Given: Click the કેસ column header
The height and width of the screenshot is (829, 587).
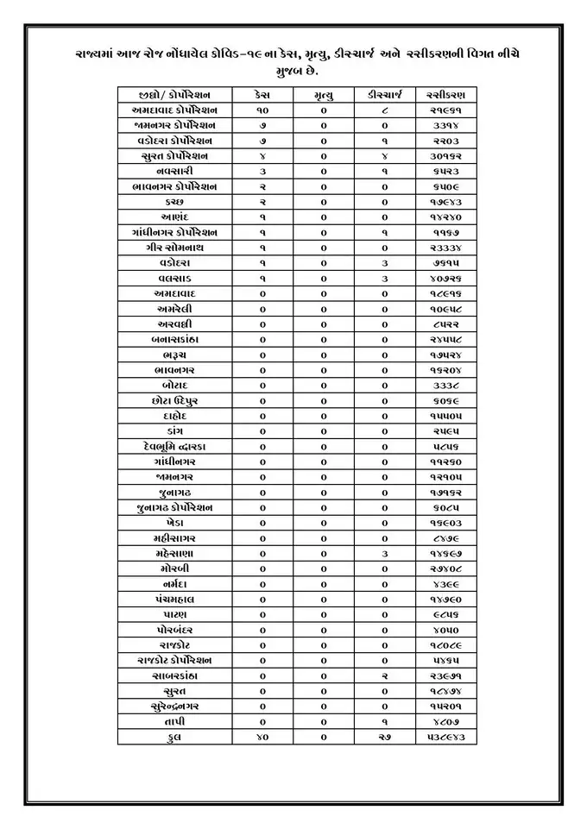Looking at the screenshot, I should pyautogui.click(x=262, y=94).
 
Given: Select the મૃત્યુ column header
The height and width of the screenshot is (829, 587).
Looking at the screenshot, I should pyautogui.click(x=325, y=94).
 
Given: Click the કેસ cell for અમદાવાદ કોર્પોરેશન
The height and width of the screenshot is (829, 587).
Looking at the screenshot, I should pyautogui.click(x=262, y=110).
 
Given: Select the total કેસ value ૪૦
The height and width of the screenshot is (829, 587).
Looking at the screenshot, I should pyautogui.click(x=262, y=737).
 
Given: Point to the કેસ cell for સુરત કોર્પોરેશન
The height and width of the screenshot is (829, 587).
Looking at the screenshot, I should pyautogui.click(x=262, y=155).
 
